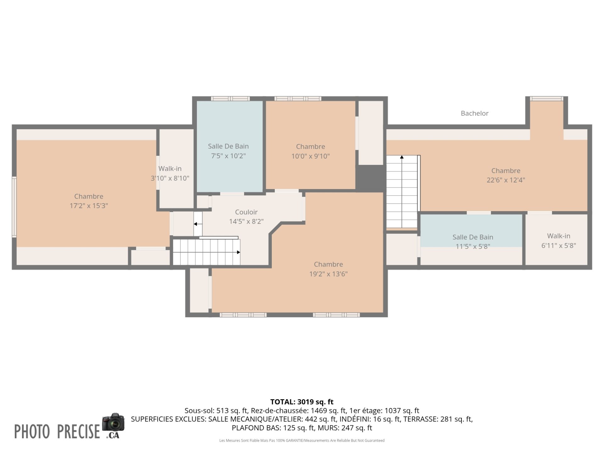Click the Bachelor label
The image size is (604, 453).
474,113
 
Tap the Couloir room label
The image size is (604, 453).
246,212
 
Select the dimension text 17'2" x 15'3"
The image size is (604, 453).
89,206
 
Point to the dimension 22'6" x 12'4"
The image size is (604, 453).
506,180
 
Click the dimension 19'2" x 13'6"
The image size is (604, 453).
328,274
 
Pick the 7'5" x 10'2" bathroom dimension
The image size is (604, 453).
228,156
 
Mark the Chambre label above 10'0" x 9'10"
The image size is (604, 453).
310,147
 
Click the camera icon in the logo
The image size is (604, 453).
113,422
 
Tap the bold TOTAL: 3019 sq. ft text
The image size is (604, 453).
302,402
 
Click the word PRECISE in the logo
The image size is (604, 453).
78,431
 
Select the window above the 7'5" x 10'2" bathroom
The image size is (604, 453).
230,98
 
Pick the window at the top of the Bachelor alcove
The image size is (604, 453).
546,98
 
